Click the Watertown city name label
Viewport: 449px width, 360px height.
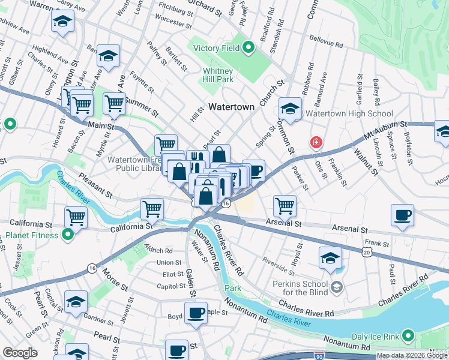[x=232, y=106]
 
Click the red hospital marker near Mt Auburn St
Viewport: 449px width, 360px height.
[x=315, y=143]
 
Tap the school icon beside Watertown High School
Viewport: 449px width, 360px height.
[x=290, y=109]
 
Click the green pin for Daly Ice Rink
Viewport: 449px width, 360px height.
[x=409, y=335]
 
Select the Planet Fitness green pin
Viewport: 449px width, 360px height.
[x=67, y=234]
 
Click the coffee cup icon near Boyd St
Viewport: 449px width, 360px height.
[x=195, y=313]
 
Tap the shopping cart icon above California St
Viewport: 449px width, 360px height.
[x=152, y=209]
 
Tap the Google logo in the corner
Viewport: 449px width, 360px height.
[x=20, y=352]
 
